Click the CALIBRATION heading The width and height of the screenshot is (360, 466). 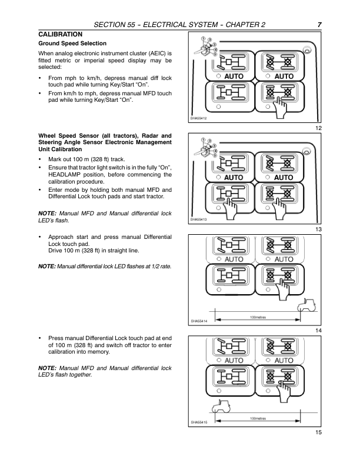[60, 34]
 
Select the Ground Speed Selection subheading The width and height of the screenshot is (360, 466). [72, 44]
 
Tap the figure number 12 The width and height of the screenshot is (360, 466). [318, 128]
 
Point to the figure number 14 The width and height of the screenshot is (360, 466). [318, 331]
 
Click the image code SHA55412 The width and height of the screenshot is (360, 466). [198, 119]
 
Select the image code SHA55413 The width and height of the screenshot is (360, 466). [198, 219]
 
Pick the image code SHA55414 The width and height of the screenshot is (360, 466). [198, 321]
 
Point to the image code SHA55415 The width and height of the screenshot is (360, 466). [198, 422]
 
